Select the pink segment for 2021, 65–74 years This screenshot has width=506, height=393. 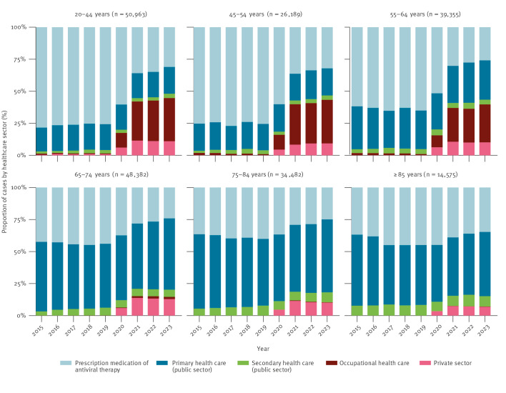[137, 307]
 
